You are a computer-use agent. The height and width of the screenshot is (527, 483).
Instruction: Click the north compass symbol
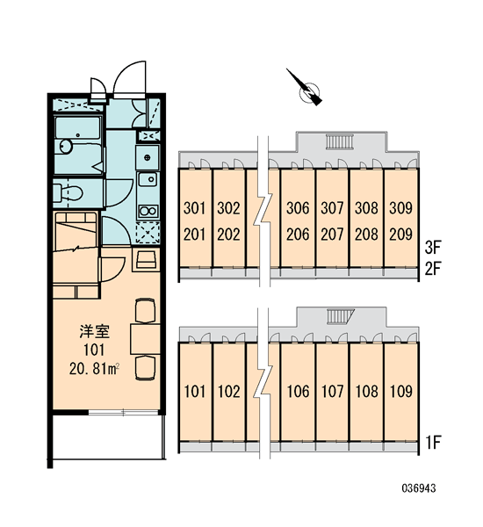tap(306, 89)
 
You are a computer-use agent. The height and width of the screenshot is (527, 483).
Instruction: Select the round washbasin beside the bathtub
tap(66, 147)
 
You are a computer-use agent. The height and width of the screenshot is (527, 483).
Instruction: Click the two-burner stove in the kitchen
tap(148, 212)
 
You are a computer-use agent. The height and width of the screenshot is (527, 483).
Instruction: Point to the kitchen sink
tap(148, 179)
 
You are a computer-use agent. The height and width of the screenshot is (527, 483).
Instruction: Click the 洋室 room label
tap(95, 332)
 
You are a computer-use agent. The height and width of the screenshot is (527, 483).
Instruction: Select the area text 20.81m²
tap(95, 369)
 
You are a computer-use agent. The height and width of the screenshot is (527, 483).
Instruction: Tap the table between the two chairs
tap(145, 339)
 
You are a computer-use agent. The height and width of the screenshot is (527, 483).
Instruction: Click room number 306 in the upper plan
tap(298, 208)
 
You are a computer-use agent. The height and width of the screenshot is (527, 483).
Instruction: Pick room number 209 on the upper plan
tap(400, 235)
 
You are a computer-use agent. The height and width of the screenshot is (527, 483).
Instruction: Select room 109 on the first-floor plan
tap(401, 391)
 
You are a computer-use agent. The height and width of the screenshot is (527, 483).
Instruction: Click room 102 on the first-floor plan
tap(229, 391)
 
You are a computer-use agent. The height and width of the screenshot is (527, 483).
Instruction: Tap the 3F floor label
tap(433, 248)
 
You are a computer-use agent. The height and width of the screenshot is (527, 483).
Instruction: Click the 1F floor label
tap(433, 443)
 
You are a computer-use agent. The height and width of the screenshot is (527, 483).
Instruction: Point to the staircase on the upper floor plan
tap(340, 141)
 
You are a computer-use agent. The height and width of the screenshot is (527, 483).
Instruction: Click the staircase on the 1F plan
tap(341, 316)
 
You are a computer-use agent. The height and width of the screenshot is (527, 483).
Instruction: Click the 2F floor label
tap(433, 269)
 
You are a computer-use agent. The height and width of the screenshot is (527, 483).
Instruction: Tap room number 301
tap(194, 208)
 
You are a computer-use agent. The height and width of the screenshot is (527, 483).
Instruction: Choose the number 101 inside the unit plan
tap(94, 350)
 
